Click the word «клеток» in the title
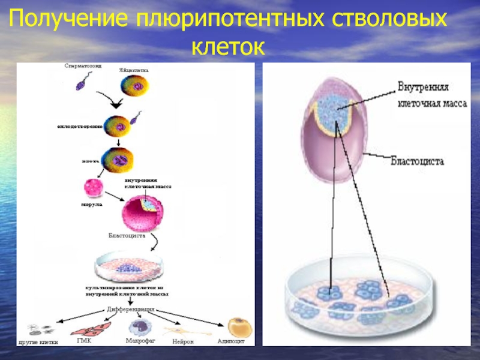228,46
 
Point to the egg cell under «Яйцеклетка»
134,87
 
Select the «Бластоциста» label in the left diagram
127,235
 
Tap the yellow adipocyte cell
240,328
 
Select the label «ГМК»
85,340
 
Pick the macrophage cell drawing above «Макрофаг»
140,326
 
